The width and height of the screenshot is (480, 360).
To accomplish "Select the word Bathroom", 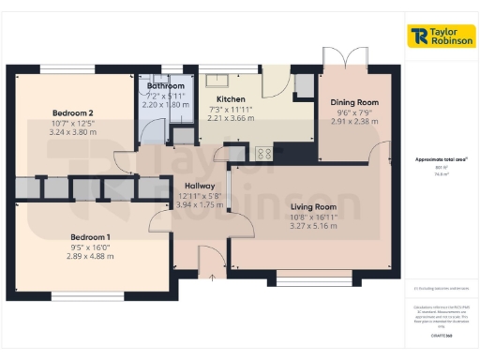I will pyautogui.click(x=165, y=85).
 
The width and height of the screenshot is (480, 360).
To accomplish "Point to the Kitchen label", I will pyautogui.click(x=231, y=99).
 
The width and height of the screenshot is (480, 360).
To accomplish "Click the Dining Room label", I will pyautogui.click(x=354, y=102).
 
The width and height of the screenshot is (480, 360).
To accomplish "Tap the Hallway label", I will pyautogui.click(x=200, y=186).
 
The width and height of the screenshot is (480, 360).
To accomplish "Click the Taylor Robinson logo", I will pyautogui.click(x=441, y=37).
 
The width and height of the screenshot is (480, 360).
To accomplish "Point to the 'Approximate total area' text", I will pyautogui.click(x=441, y=160).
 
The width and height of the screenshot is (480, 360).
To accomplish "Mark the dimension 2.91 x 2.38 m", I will pyautogui.click(x=354, y=122).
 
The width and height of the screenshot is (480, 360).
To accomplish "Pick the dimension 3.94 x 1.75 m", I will pyautogui.click(x=200, y=204).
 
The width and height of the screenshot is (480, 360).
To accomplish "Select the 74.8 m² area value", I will pyautogui.click(x=441, y=174).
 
